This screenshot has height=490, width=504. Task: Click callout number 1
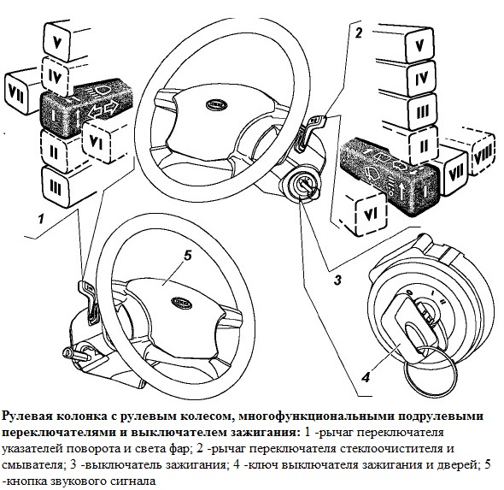(x=41, y=220)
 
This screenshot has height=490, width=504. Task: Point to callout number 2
(x=358, y=32)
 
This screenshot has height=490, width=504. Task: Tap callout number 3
(x=337, y=280)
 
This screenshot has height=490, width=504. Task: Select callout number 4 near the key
(x=366, y=377)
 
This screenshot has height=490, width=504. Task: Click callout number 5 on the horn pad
(x=187, y=256)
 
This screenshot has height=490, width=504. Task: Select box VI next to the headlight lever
(x=96, y=140)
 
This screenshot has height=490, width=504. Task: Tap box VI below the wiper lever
(x=371, y=214)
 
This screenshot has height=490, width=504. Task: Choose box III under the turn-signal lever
(x=56, y=187)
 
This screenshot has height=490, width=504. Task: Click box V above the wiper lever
(x=420, y=45)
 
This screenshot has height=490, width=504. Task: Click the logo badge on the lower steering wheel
(x=182, y=303)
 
